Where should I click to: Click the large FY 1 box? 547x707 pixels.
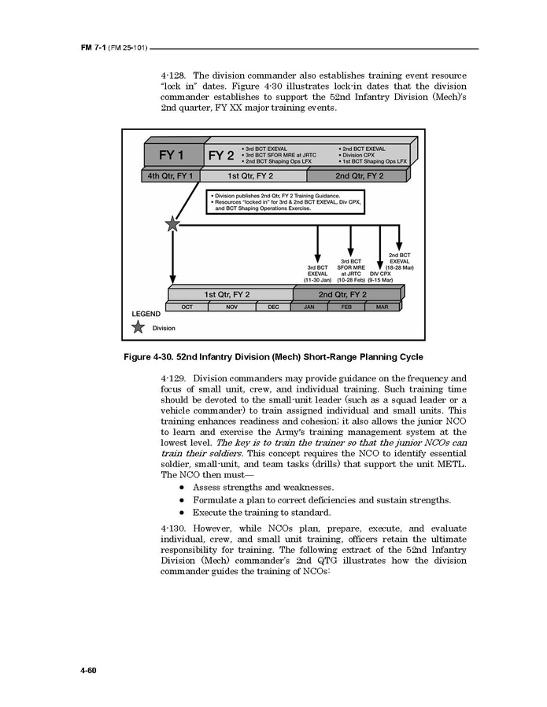172,153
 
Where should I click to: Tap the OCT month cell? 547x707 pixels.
187,307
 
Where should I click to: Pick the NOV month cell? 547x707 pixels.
231,307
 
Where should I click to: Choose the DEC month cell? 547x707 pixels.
273,307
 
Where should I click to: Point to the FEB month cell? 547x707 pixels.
346,307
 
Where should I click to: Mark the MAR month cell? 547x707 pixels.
383,307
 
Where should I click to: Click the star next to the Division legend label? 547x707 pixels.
139,327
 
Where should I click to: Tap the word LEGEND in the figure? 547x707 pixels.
146,314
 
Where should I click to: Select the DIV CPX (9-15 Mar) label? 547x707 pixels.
381,276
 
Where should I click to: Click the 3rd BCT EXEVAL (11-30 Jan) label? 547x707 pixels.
317,273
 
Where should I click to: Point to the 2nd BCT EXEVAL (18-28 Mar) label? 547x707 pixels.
399,261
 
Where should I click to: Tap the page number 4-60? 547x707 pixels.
87,670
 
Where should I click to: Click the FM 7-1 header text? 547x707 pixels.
93,48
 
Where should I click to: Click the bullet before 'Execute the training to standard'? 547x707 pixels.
182,512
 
